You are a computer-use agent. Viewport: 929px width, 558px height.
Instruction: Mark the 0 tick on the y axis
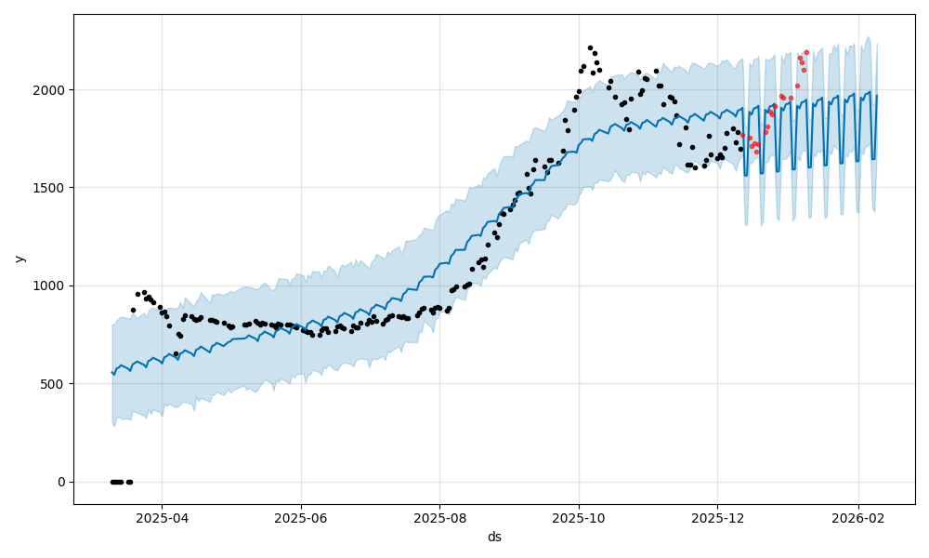pyautogui.click(x=60, y=482)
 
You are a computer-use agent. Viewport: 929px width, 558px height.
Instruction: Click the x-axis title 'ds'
pyautogui.click(x=494, y=537)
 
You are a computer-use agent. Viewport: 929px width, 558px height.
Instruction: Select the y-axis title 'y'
pyautogui.click(x=20, y=259)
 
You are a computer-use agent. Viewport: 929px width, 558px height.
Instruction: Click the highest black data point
pyautogui.click(x=590, y=47)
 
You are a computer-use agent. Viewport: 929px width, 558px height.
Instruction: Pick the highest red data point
pyautogui.click(x=806, y=52)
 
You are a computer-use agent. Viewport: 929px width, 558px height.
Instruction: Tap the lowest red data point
pyautogui.click(x=756, y=152)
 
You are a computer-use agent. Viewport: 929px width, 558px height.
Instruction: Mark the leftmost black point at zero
pyautogui.click(x=112, y=482)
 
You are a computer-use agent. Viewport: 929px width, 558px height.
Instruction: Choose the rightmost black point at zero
pyautogui.click(x=130, y=482)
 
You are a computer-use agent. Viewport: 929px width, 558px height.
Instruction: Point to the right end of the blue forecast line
pyautogui.click(x=877, y=96)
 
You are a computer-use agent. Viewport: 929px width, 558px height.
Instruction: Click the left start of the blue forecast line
pyautogui.click(x=111, y=372)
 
